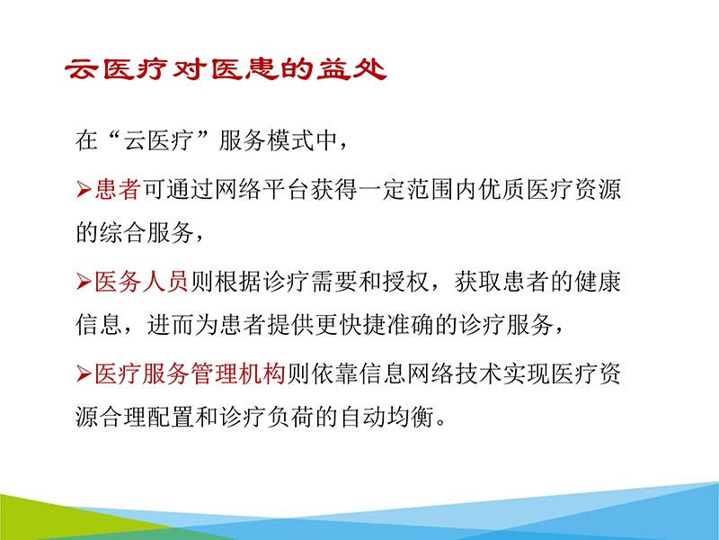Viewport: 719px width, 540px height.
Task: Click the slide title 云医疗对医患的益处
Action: (226, 69)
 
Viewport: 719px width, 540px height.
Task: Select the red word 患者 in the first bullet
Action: (118, 190)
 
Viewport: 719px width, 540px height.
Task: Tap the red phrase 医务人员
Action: (141, 281)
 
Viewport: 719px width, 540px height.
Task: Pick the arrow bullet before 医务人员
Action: (84, 282)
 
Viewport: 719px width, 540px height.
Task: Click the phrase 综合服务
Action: (146, 233)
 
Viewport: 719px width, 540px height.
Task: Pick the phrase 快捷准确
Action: (379, 325)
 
